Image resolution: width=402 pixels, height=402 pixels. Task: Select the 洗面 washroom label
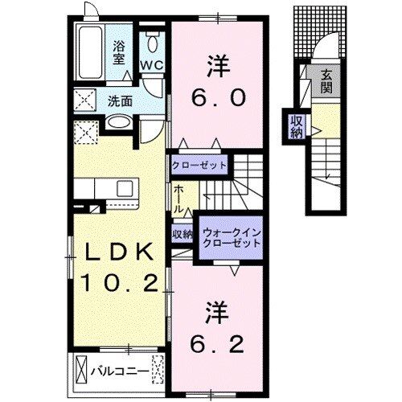pos(120,102)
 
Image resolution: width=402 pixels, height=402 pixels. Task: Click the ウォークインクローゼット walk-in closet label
pos(229,236)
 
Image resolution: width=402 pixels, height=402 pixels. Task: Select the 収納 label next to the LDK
pos(183,235)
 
